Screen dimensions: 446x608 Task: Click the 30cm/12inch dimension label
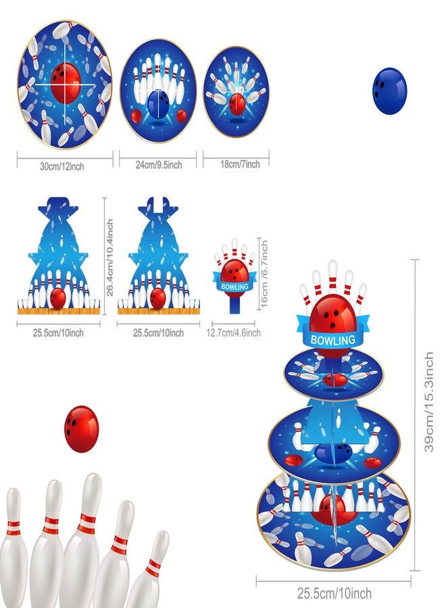point(62,167)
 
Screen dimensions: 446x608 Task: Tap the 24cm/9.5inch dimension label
point(159,166)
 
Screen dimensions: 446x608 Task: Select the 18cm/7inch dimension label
point(240,164)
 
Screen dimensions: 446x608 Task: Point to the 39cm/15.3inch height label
point(428,402)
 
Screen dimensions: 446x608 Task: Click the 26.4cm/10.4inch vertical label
point(109,257)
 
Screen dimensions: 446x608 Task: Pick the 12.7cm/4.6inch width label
point(233,332)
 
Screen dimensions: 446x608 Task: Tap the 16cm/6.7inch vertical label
point(264,274)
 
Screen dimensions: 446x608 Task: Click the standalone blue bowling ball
point(390,91)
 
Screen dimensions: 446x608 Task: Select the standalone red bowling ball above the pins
point(82,429)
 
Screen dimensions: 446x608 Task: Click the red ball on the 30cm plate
point(66,82)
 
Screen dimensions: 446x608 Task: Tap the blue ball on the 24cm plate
point(158,104)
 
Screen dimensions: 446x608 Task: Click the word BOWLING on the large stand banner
point(332,340)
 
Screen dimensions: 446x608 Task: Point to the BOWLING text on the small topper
point(234,286)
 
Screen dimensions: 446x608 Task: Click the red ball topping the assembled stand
point(332,316)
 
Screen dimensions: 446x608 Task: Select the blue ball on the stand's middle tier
point(332,453)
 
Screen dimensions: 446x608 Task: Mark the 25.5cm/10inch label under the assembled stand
point(334,593)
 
